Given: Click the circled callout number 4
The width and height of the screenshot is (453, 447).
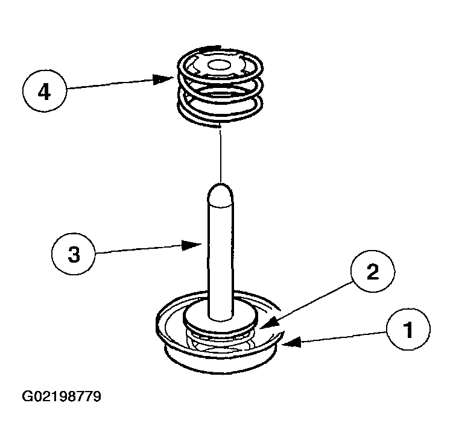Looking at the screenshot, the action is click(45, 90).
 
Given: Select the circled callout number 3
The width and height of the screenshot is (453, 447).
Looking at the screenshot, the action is click(74, 254).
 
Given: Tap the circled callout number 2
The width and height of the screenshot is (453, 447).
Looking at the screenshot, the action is click(373, 271).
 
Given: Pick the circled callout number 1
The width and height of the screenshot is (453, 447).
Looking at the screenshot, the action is click(408, 330).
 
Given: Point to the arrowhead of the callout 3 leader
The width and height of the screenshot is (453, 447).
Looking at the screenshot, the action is click(192, 245).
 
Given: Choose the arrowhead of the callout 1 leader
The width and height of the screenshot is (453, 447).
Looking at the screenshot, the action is click(291, 342).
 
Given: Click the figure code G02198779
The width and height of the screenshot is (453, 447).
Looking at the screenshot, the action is click(62, 396).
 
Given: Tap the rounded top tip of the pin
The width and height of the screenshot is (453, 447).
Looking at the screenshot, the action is click(220, 185).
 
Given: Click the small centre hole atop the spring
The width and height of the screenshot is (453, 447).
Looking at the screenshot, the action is click(220, 65).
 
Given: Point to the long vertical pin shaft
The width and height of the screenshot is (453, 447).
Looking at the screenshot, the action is click(220, 252).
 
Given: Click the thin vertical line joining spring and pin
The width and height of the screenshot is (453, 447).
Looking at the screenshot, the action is click(220, 155).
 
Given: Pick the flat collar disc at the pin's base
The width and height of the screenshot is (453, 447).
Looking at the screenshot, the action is click(220, 318).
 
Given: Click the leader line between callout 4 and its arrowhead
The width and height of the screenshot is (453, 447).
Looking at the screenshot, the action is click(110, 84).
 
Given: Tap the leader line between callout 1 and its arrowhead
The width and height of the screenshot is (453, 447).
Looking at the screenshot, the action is click(344, 337).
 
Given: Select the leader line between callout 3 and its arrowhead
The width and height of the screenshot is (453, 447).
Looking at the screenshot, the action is click(139, 249).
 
